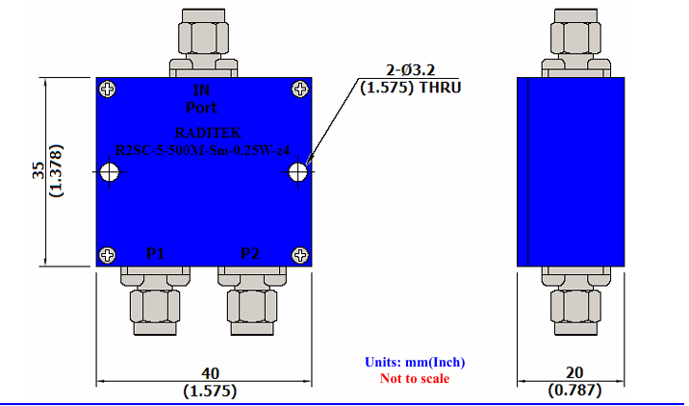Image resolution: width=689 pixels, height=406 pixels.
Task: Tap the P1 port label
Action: tap(156, 254)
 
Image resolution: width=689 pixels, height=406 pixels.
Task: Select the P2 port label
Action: tap(250, 254)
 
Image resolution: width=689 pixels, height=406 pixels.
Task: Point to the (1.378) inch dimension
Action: tap(56, 171)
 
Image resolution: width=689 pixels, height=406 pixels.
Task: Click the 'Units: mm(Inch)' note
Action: tap(415, 363)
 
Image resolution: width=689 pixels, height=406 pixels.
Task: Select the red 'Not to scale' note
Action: tap(415, 378)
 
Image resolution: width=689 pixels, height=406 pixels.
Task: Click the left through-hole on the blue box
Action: tap(109, 172)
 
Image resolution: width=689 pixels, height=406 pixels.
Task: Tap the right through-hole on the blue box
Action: tap(298, 172)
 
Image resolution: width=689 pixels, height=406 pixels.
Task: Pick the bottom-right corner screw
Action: tap(300, 255)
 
